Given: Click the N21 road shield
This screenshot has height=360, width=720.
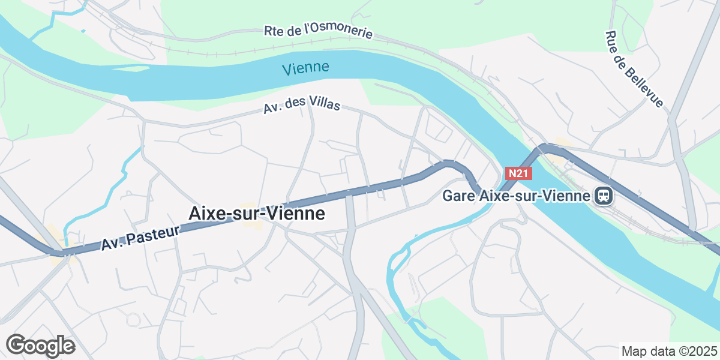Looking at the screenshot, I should pos(518,173).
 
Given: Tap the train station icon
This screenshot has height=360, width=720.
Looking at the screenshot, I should pos(603,196).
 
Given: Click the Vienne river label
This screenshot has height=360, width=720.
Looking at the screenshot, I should pos(305,68).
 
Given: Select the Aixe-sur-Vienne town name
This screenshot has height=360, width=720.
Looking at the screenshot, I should pos(257,213).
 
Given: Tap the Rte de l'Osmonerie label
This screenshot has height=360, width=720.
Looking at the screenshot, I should pos(319,31).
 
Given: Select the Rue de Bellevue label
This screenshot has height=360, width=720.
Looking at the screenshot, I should pos(634,70).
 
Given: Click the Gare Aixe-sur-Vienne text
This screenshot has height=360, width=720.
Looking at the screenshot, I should pos(516,196).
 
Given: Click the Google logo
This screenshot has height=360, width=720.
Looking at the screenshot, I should pos(40,346).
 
